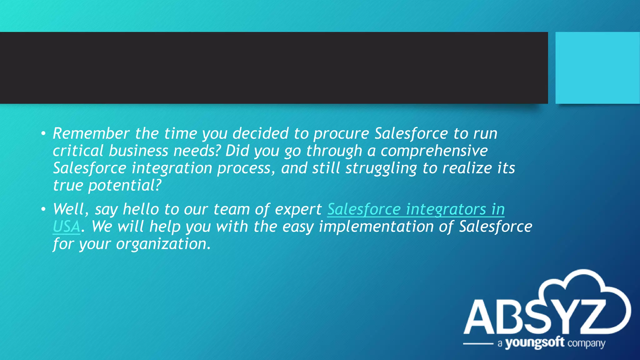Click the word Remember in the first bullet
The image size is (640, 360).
pyautogui.click(x=91, y=133)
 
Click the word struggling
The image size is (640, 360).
pyautogui.click(x=381, y=169)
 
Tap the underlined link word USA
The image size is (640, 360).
pyautogui.click(x=67, y=227)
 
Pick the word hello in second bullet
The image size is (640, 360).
pyautogui.click(x=141, y=209)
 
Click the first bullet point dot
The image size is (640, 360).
pyautogui.click(x=43, y=134)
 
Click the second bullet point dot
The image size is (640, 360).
pyautogui.click(x=43, y=209)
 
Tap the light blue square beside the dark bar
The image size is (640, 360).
pyautogui.click(x=597, y=68)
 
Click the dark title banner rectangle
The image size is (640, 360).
pyautogui.click(x=274, y=68)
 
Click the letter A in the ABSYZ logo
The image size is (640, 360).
pyautogui.click(x=481, y=317)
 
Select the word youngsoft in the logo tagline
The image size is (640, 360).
pyautogui.click(x=535, y=343)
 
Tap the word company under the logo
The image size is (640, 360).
pyautogui.click(x=586, y=343)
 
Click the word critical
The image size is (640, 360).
pyautogui.click(x=78, y=151)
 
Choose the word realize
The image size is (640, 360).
pyautogui.click(x=467, y=168)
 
